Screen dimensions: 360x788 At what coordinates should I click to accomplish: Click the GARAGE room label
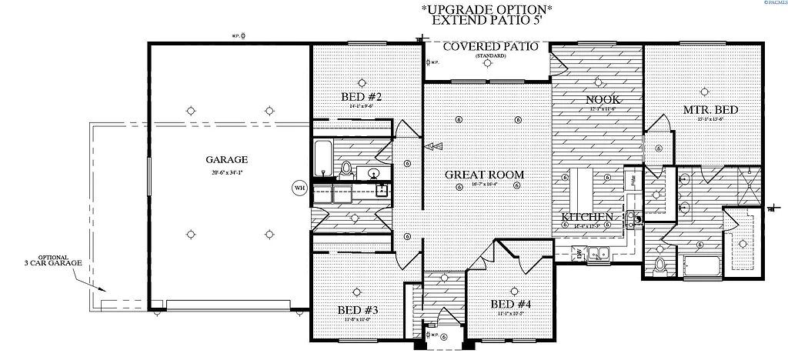226,160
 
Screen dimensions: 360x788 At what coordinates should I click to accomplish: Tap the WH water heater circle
299,187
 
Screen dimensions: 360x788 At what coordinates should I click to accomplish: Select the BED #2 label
362,97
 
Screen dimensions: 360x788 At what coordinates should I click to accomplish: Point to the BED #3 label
357,311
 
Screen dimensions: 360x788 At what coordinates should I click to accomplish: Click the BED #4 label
512,304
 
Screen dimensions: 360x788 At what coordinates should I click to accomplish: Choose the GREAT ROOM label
485,175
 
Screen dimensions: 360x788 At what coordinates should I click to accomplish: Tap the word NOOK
604,100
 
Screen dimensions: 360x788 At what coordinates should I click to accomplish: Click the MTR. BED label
711,110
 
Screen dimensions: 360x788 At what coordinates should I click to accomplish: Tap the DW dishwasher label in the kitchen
579,252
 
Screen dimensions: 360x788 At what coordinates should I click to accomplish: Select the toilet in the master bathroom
659,266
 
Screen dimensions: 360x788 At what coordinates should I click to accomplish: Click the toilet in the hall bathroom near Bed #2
346,168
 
